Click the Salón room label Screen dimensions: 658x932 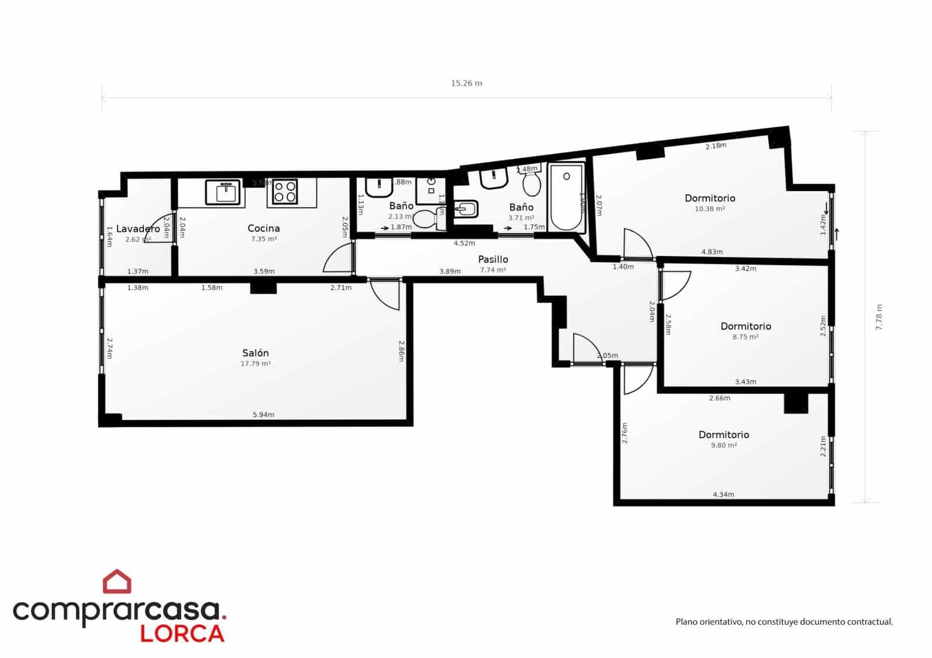click(255, 353)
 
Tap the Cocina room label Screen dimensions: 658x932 click(263, 228)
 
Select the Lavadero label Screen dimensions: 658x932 click(137, 229)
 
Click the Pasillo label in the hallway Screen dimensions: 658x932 click(493, 259)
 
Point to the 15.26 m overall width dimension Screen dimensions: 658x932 click(466, 83)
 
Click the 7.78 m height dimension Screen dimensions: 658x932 click(879, 317)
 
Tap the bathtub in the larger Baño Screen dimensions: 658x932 click(566, 198)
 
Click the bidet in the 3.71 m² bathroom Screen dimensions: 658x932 click(466, 208)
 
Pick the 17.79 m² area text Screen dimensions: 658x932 click(255, 364)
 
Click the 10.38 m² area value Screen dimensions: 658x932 click(709, 209)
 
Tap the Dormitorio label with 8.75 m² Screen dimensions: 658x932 click(746, 326)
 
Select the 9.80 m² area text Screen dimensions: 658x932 click(723, 445)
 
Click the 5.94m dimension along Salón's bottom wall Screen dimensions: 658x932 click(263, 415)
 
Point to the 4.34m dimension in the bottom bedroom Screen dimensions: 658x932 click(723, 494)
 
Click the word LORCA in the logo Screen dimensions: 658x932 click(182, 634)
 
